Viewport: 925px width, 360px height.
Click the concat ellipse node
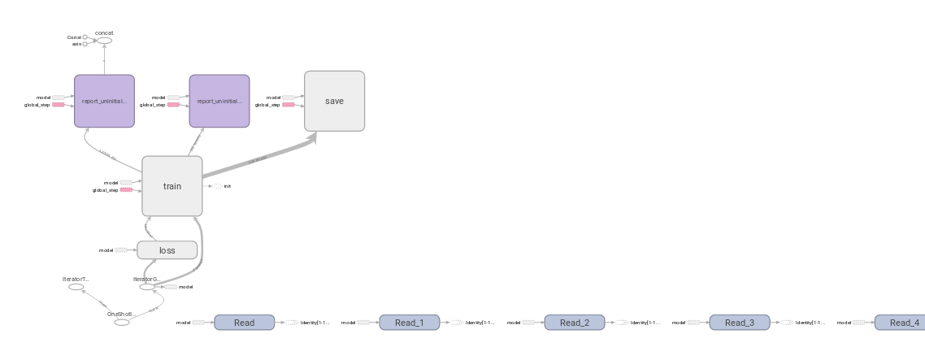pos(104,41)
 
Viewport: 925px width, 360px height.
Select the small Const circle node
pos(85,37)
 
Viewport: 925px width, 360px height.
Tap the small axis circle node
pos(85,44)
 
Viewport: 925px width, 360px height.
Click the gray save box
pos(334,101)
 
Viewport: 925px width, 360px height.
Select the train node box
pos(172,186)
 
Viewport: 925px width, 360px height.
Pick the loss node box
pos(167,250)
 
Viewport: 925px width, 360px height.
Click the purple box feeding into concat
pos(104,101)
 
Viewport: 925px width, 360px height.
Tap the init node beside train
pos(217,186)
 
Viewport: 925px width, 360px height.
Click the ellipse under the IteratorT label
pos(76,287)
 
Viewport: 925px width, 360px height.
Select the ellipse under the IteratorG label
pos(146,287)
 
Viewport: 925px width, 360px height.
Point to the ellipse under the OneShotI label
pos(121,323)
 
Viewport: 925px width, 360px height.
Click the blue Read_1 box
pos(409,323)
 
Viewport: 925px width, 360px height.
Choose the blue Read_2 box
pos(574,323)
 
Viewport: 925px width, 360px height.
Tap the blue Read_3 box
pos(739,323)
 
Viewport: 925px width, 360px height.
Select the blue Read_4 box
pos(900,323)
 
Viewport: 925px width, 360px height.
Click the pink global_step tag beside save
pos(289,105)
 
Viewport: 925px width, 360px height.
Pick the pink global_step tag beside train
pos(126,190)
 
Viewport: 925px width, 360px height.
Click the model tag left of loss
pos(121,250)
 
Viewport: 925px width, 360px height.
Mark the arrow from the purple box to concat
pos(104,59)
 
